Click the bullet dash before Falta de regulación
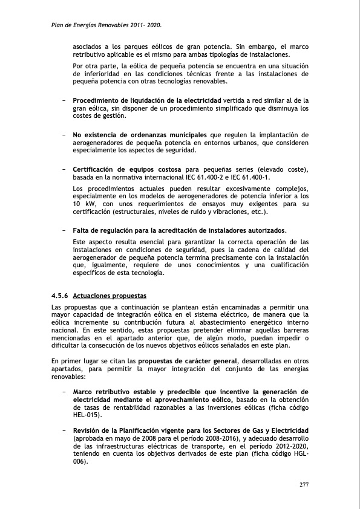[x=64, y=230]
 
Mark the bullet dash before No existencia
[x=64, y=134]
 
